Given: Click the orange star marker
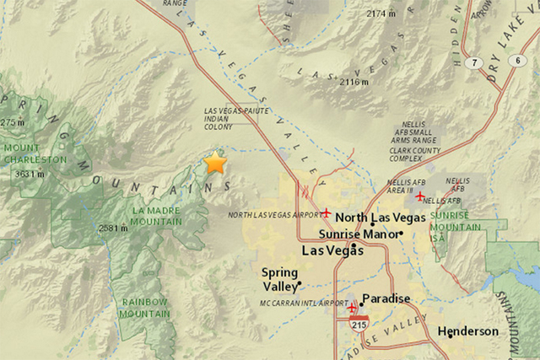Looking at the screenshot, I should pyautogui.click(x=216, y=162).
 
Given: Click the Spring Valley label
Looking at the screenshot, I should pyautogui.click(x=279, y=279).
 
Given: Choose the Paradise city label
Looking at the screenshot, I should pyautogui.click(x=386, y=298).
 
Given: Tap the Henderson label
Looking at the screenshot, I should pyautogui.click(x=467, y=331).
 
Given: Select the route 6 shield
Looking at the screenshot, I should pyautogui.click(x=516, y=60).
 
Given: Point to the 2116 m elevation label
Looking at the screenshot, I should pyautogui.click(x=352, y=82).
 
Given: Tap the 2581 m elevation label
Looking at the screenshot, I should pyautogui.click(x=112, y=228).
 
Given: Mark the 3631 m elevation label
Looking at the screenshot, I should pyautogui.click(x=30, y=175).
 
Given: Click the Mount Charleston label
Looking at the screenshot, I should pyautogui.click(x=35, y=153).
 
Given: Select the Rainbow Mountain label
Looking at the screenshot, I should pyautogui.click(x=144, y=308).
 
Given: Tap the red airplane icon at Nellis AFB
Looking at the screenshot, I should pyautogui.click(x=419, y=196).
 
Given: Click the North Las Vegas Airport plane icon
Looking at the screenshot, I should pyautogui.click(x=327, y=212).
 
